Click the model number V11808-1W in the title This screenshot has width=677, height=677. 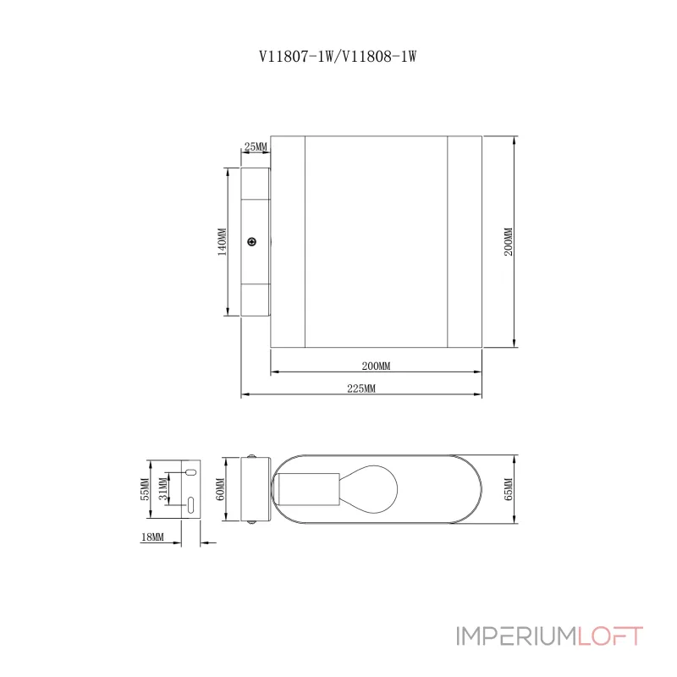[x=380, y=57]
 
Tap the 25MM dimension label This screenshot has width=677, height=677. [x=256, y=147]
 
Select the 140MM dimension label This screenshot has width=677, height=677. [x=222, y=242]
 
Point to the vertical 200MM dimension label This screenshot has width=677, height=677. [x=508, y=242]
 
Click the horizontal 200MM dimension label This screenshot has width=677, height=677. [x=376, y=366]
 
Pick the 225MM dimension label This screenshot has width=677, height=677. [x=361, y=388]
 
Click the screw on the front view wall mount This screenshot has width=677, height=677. [x=251, y=243]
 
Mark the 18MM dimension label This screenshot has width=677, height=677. [x=154, y=537]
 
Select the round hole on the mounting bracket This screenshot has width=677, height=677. [x=190, y=471]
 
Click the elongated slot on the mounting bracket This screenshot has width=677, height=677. [x=190, y=505]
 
